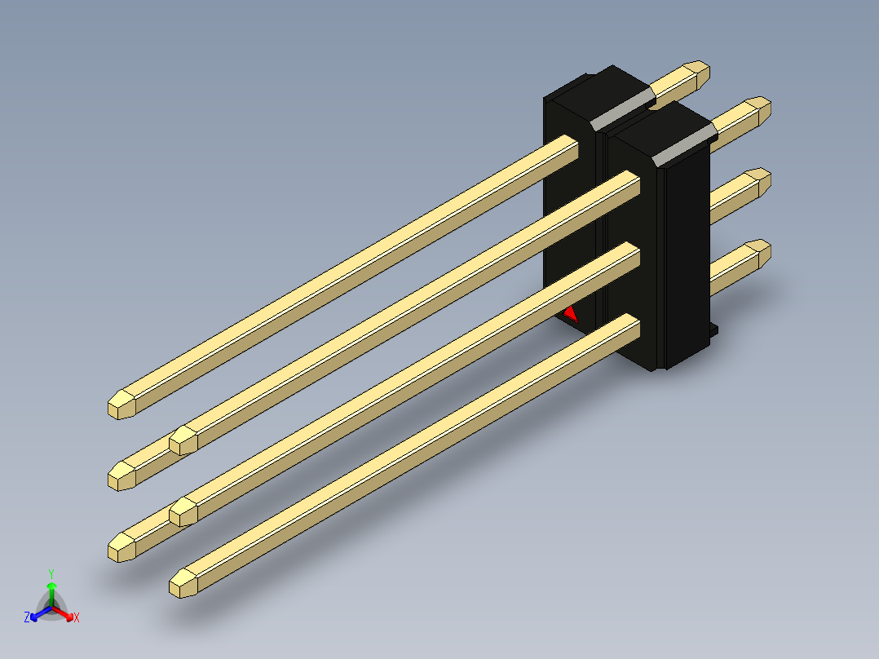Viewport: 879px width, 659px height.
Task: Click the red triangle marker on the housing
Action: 571,315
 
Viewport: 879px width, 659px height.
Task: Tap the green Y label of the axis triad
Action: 51,574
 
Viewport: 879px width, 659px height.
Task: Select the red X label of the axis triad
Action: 77,617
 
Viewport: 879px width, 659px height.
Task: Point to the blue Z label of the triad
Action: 27,617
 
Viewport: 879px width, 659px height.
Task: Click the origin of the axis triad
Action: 51,607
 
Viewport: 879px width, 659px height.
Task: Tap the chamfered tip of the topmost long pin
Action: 121,405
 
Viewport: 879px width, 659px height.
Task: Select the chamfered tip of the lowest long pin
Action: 183,583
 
